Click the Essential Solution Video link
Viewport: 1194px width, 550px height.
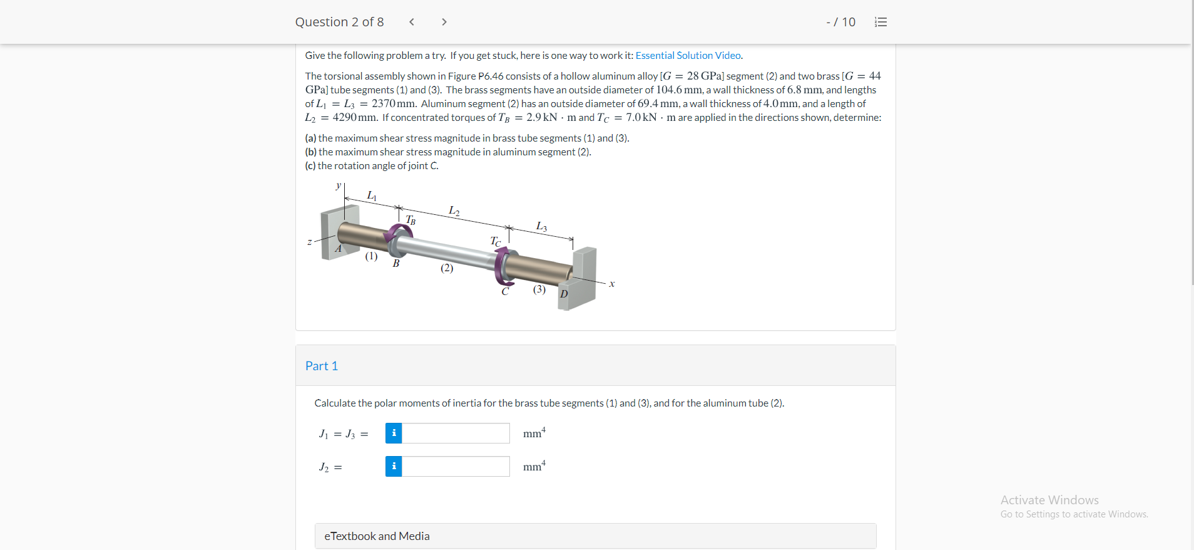(688, 55)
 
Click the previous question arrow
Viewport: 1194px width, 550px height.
(411, 22)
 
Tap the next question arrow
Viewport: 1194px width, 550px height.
(444, 22)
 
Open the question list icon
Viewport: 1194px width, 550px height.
(880, 22)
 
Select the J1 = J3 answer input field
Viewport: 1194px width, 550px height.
(456, 433)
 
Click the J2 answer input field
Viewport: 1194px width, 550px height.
(456, 466)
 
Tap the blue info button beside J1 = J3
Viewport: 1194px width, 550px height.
(394, 433)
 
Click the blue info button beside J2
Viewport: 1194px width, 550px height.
(394, 466)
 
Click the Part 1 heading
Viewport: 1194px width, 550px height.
(322, 366)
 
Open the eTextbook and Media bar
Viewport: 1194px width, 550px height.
(595, 536)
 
